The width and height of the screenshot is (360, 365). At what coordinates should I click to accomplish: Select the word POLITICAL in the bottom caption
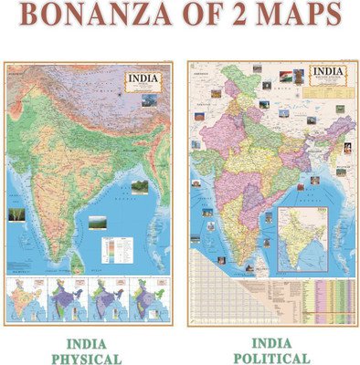tap(271, 358)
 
